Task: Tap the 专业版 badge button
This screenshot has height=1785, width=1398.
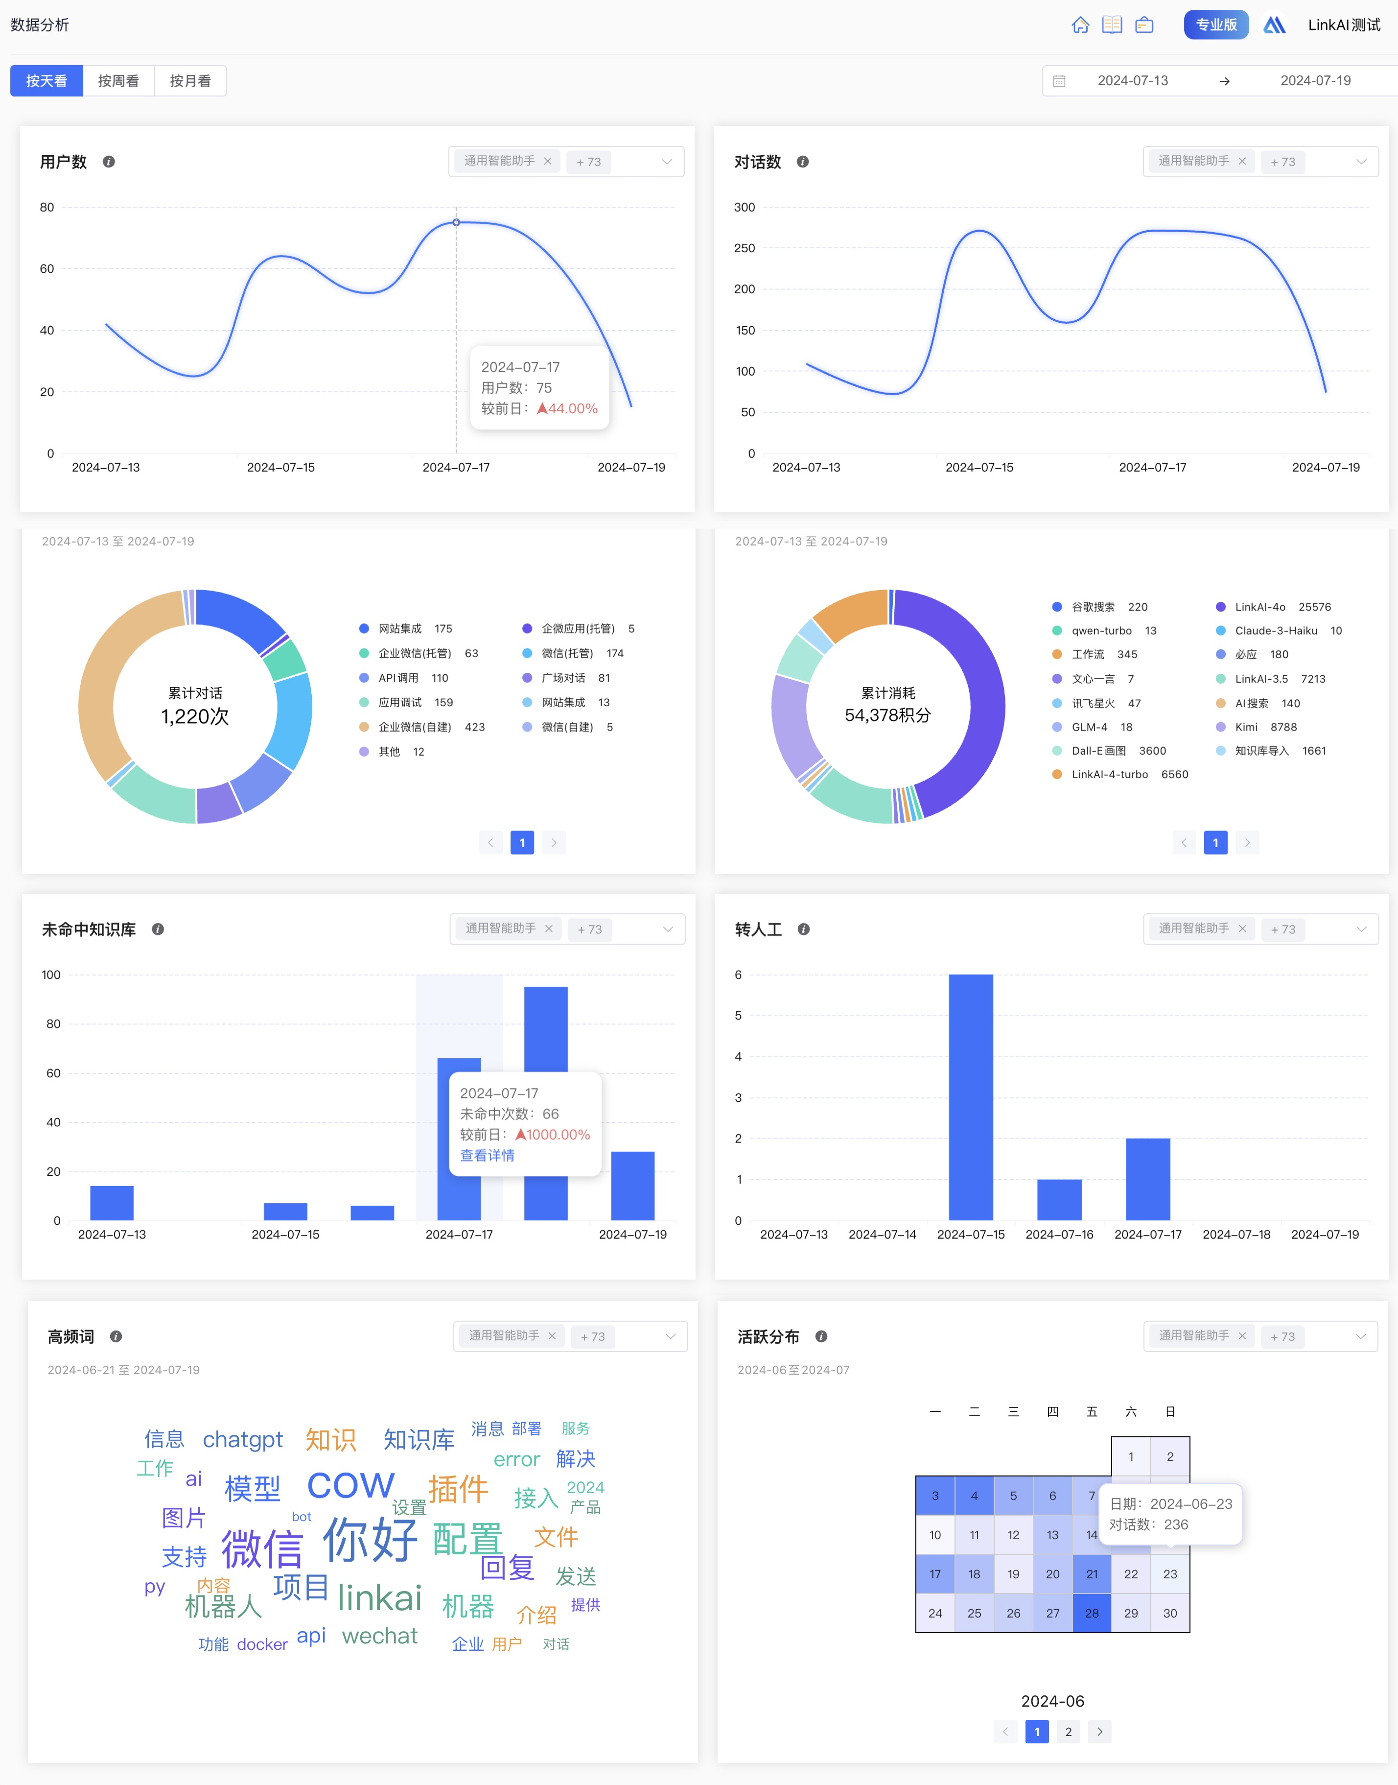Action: click(1215, 24)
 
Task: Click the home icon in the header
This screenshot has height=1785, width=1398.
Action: click(1080, 24)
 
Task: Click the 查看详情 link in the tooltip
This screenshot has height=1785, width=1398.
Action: click(487, 1155)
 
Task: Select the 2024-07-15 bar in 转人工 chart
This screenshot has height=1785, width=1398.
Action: click(971, 1097)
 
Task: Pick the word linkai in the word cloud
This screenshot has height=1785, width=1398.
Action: click(380, 1597)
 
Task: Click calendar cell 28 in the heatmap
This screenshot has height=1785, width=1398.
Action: click(1092, 1613)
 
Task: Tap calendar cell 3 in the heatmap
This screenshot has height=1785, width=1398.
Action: click(935, 1496)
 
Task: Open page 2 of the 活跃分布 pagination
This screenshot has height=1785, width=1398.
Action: click(1068, 1732)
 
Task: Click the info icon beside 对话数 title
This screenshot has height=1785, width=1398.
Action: click(803, 162)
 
